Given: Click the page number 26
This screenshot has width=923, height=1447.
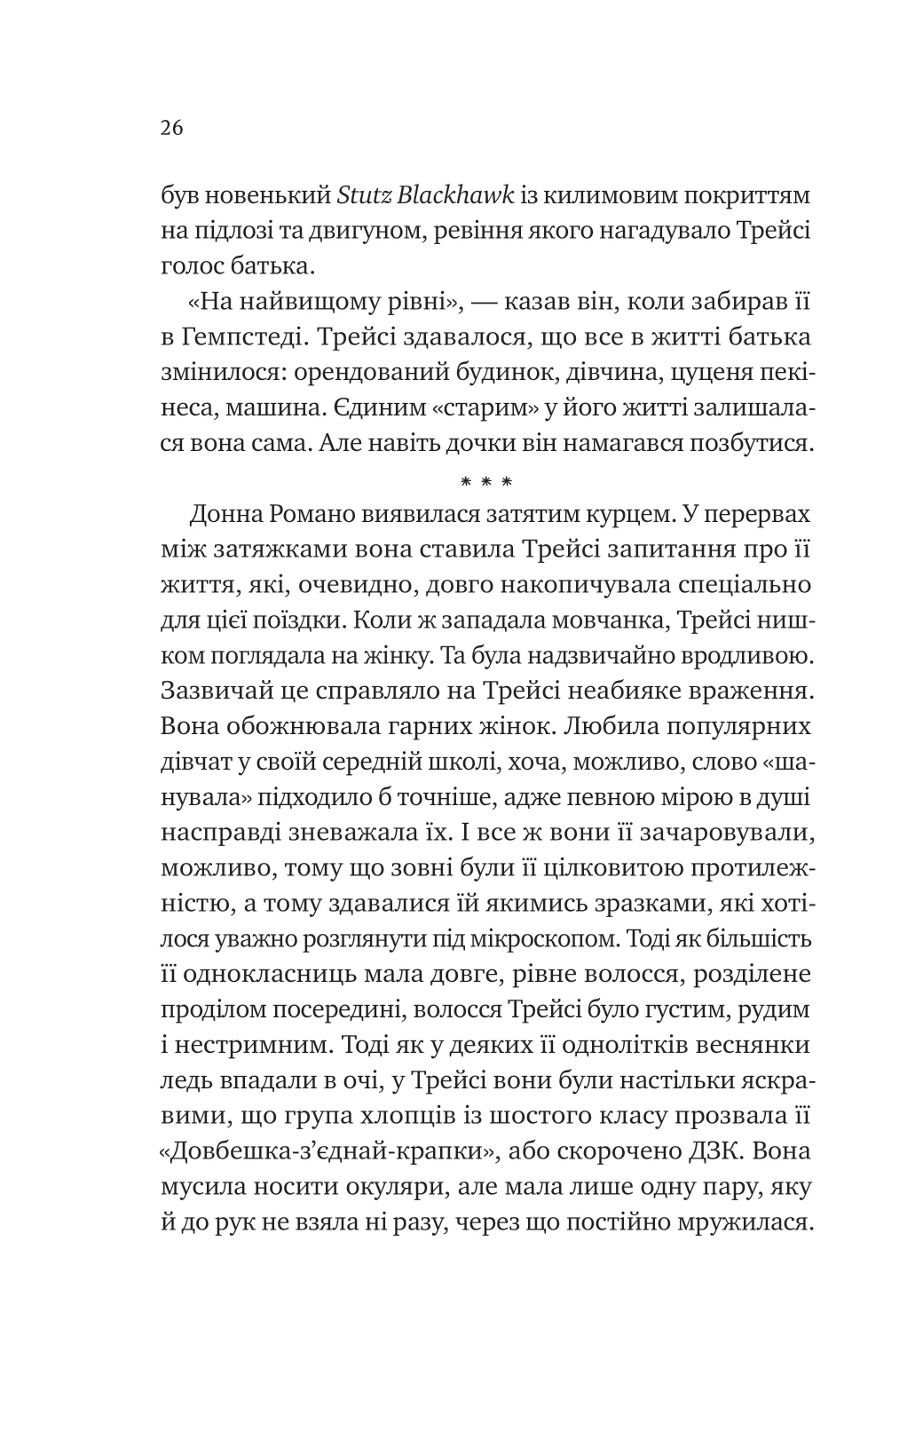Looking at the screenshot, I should [x=171, y=128].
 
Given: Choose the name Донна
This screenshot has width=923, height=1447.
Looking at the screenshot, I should [x=233, y=516].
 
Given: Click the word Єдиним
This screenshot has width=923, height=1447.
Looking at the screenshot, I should [x=378, y=409].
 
